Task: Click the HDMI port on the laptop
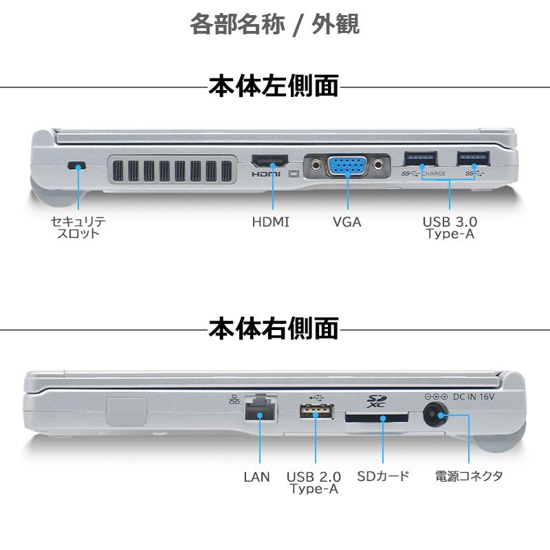click(x=271, y=162)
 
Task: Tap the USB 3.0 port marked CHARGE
click(x=420, y=158)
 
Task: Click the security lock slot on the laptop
click(x=78, y=165)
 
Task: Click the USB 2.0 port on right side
click(x=315, y=412)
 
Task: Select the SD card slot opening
click(x=376, y=417)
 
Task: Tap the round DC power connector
click(x=434, y=414)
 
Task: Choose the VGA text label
click(x=346, y=222)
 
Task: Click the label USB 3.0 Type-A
click(x=450, y=228)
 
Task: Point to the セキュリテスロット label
click(x=78, y=228)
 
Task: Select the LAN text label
click(x=256, y=476)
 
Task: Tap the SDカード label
click(x=383, y=476)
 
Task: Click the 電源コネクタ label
click(x=469, y=476)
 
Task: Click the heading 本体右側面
click(x=274, y=328)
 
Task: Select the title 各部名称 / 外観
click(x=274, y=25)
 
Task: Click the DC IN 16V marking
click(x=474, y=397)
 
